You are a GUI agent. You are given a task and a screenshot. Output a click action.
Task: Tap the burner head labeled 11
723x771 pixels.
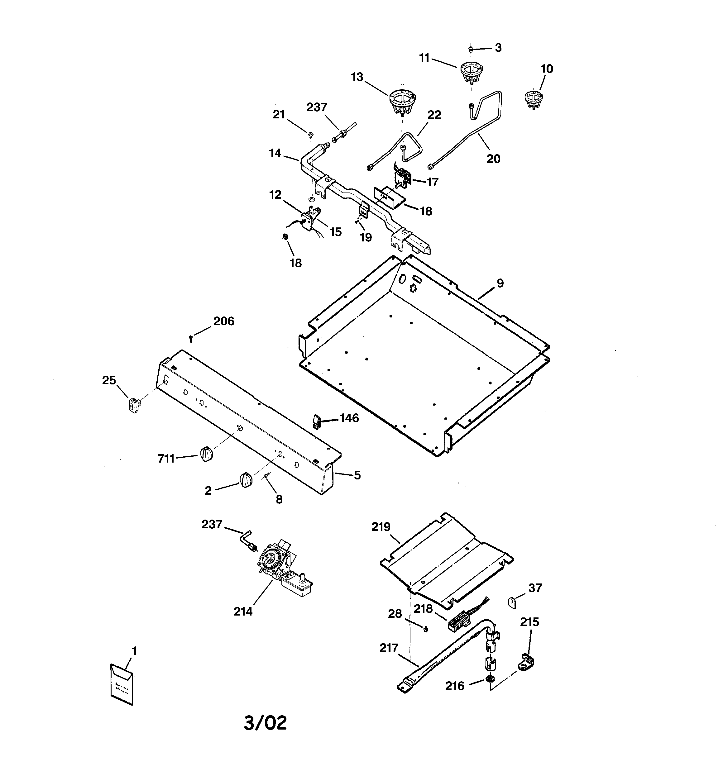click(472, 73)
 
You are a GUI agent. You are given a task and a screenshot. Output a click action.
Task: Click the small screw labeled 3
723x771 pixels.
click(470, 49)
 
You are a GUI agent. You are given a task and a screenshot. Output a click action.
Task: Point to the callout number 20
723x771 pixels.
click(493, 159)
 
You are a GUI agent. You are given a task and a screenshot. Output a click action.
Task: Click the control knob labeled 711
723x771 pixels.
click(207, 454)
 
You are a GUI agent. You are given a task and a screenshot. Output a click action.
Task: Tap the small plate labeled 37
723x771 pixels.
click(512, 602)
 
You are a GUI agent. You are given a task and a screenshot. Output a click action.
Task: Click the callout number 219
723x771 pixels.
click(381, 527)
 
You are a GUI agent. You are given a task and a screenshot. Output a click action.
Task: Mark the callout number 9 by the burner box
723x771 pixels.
click(500, 283)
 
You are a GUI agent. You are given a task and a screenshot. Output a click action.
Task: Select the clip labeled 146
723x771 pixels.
click(316, 421)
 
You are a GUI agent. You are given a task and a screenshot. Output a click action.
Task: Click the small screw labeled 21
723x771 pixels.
click(310, 135)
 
